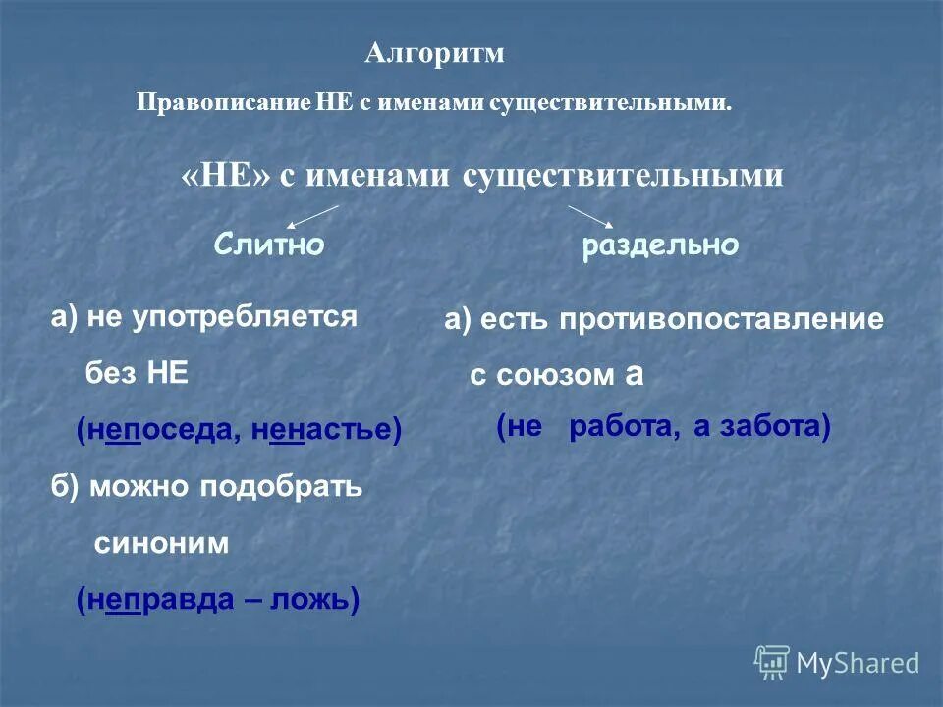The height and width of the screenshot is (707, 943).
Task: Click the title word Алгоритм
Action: [x=434, y=53]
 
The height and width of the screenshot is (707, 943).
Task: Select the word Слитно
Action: [x=268, y=245]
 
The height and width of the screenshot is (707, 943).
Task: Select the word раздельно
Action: [x=659, y=245]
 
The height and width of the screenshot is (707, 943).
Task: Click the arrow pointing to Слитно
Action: [x=312, y=216]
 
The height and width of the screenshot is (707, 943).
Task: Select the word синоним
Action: [x=162, y=543]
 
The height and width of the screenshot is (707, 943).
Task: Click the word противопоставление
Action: [x=723, y=320]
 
